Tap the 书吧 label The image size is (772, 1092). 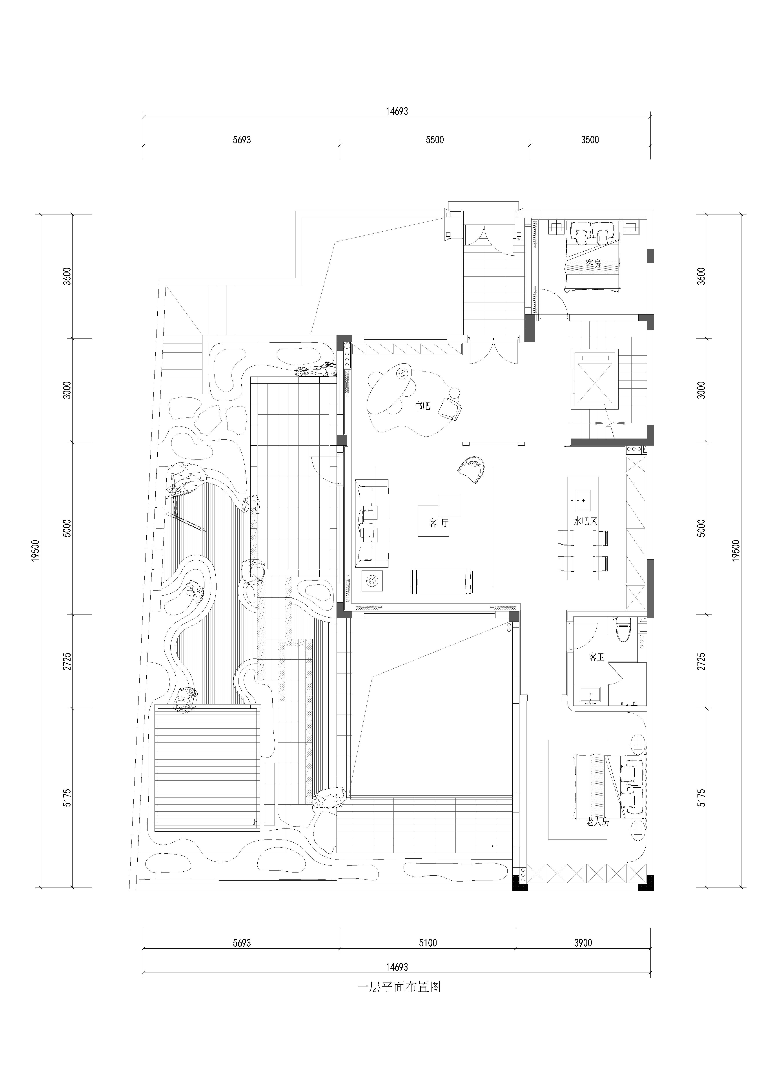(x=423, y=406)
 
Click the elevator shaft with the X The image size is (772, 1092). (x=596, y=378)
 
